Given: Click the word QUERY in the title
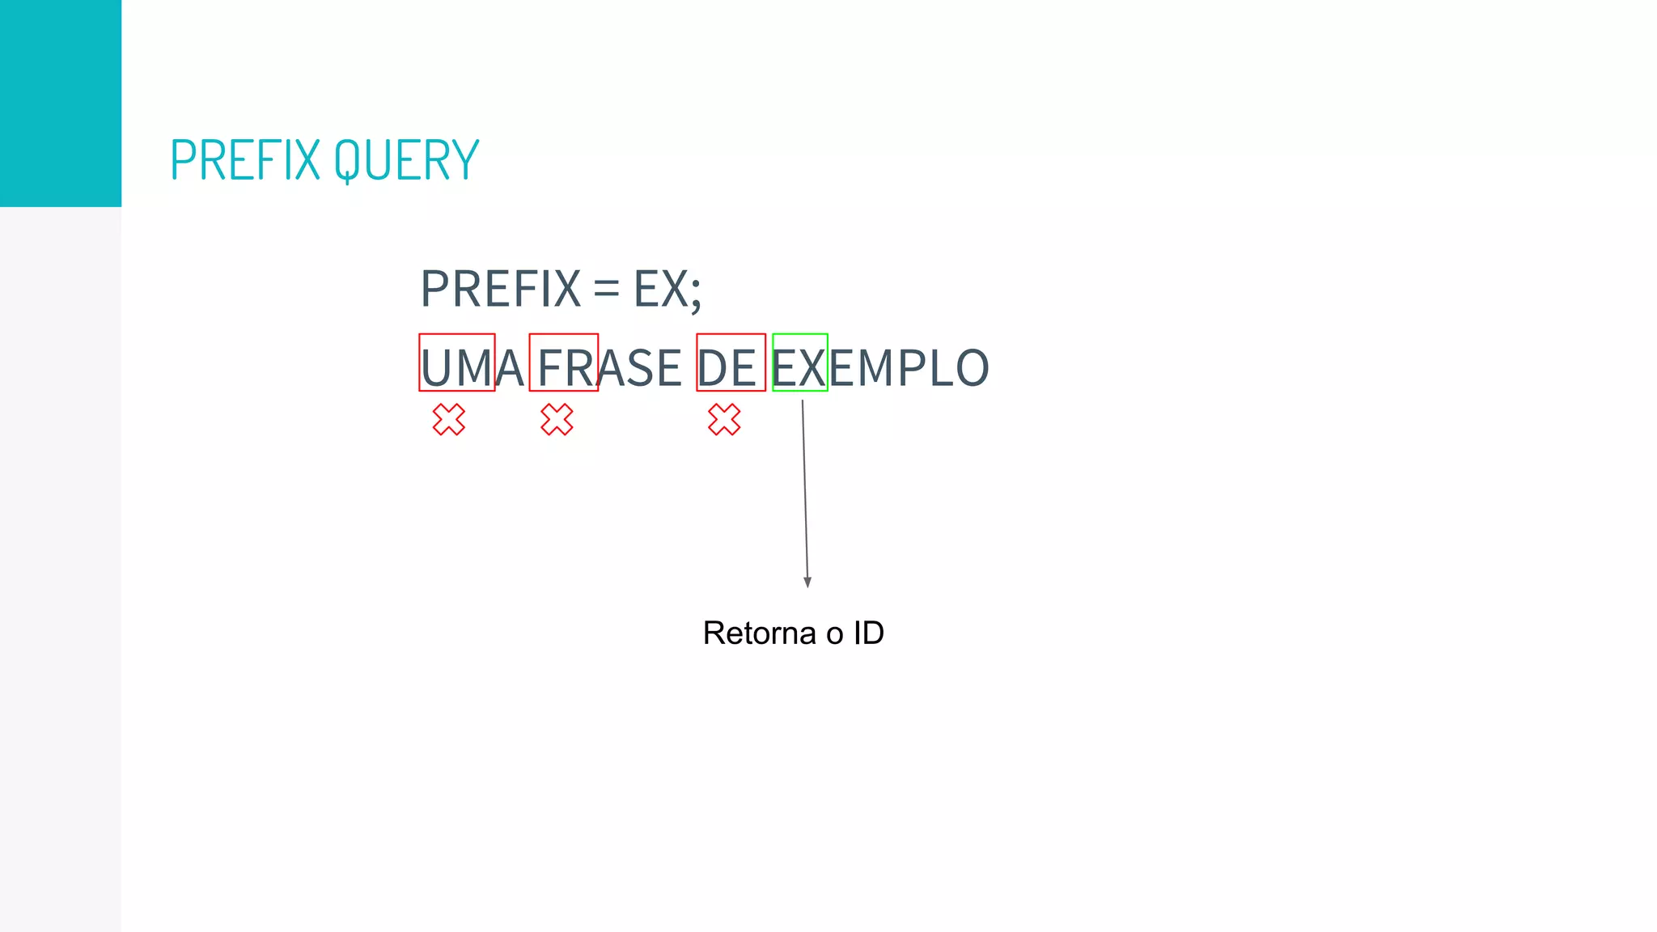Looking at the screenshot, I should pos(406,159).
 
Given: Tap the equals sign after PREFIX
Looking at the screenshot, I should pos(606,289).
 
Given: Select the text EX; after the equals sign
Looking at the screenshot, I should pos(667,289).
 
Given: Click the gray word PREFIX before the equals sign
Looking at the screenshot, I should pos(501,289).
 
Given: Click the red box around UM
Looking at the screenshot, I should pos(457,336).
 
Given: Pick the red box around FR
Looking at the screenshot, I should pos(564,336).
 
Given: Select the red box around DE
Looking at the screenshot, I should pos(731,336).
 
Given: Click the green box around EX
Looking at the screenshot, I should pos(800,336).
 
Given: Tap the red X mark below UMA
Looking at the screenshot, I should pos(449,420).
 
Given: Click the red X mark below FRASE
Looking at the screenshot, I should pos(557,420).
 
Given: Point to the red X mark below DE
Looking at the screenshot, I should pos(724,420).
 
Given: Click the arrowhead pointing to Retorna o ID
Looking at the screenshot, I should pos(807,582).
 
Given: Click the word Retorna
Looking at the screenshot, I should pos(759,633).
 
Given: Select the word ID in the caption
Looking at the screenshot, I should pos(868,633).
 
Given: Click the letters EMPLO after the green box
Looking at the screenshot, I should pos(909,368).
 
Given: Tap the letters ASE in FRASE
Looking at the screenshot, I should pos(641,368).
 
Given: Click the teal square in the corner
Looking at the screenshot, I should pos(61,103).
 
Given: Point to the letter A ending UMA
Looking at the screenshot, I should pos(510,368).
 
